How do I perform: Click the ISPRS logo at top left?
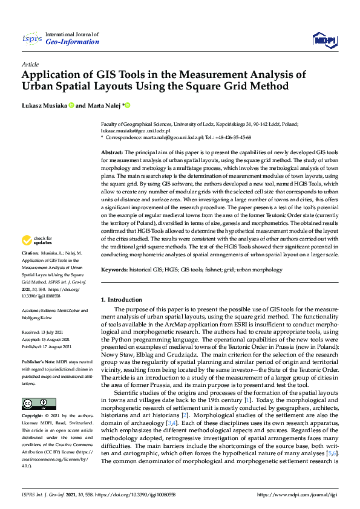tap(31, 40)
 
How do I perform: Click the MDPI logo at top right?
tap(324, 40)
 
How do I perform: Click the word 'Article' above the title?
tap(30, 64)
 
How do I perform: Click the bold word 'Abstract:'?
tap(112, 152)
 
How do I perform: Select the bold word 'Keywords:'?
tap(114, 269)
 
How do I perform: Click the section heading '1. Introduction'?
tap(121, 299)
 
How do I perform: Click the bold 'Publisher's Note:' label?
tap(38, 361)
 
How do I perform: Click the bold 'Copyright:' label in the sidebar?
tap(32, 417)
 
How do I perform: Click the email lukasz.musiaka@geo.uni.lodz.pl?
tap(136, 130)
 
